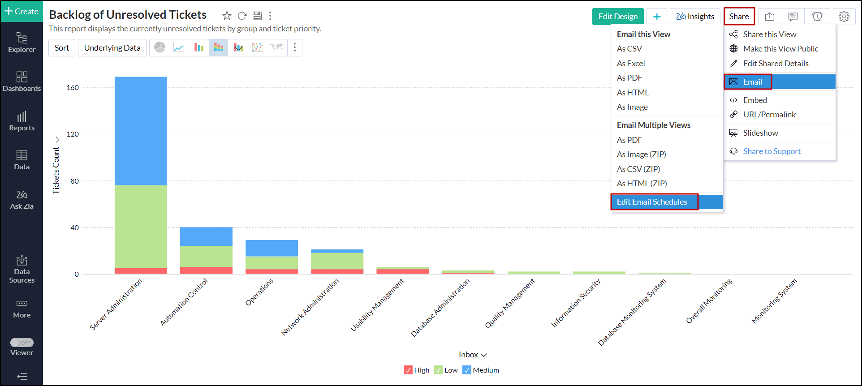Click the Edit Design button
(617, 17)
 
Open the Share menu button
(739, 17)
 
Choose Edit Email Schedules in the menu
(652, 202)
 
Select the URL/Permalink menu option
(769, 115)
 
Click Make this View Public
(780, 49)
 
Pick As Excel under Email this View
(631, 64)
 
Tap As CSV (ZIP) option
(638, 169)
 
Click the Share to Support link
(771, 151)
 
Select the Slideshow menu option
(760, 133)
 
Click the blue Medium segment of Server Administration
(141, 131)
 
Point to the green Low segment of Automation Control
(206, 256)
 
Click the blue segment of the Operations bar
(272, 248)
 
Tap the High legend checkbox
(408, 370)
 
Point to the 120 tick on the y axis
(73, 134)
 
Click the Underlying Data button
(112, 48)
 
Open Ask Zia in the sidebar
(22, 200)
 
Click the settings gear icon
(844, 17)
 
